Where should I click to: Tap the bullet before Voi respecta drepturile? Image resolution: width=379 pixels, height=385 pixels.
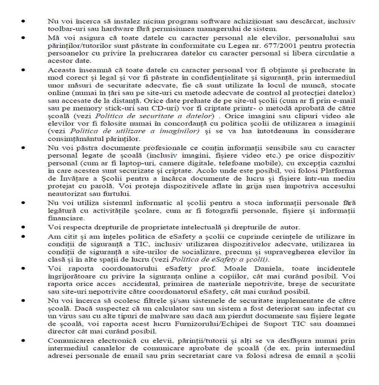click(x=24, y=227)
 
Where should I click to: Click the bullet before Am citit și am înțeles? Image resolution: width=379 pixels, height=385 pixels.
click(x=24, y=236)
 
